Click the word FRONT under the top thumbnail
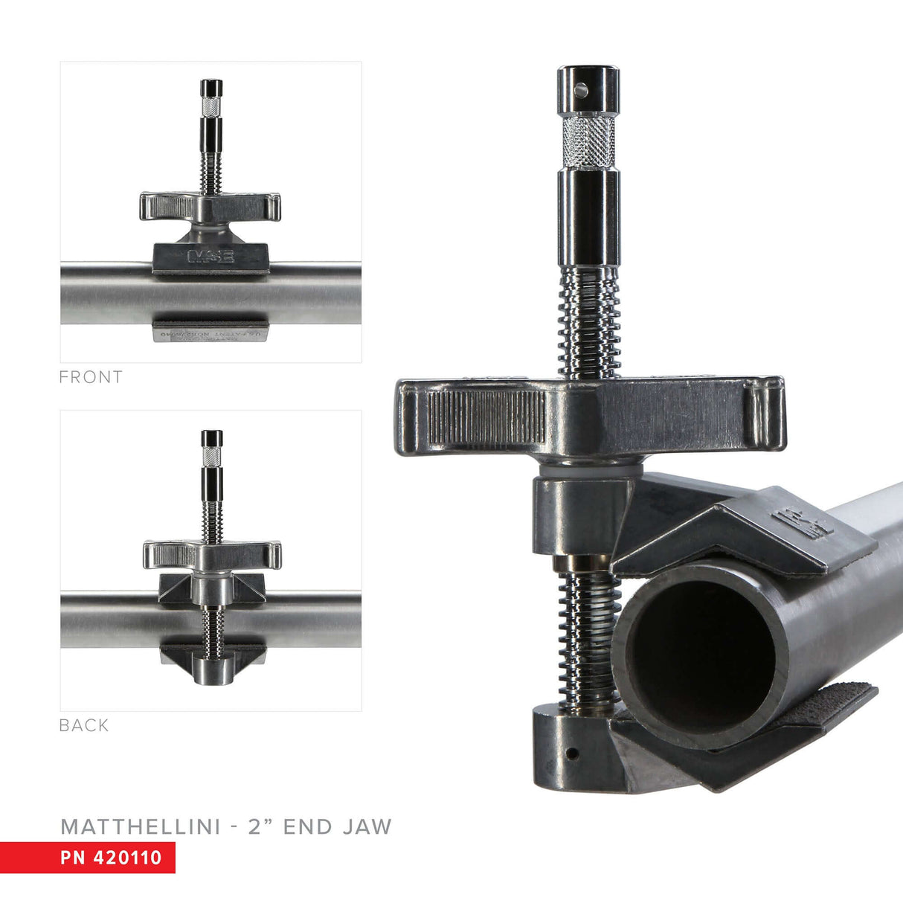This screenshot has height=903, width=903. coord(91,377)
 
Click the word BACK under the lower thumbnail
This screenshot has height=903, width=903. coord(84,725)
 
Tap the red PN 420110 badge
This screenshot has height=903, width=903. coord(88,857)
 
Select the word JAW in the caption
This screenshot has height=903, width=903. coord(367,826)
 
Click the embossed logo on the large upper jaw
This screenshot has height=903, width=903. coord(803,523)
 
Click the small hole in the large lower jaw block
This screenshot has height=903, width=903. coord(571,753)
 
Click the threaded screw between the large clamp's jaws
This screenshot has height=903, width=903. coord(588,640)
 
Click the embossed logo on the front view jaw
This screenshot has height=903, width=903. coord(211,257)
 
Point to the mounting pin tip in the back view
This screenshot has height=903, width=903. coord(212,437)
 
